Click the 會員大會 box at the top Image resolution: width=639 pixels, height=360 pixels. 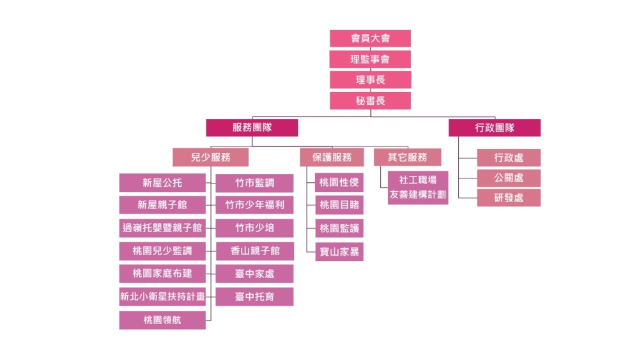tap(370, 38)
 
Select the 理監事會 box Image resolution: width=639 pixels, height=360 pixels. tap(370, 59)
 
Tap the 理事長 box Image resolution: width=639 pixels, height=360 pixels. tap(370, 80)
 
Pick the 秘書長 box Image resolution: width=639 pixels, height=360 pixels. tap(370, 100)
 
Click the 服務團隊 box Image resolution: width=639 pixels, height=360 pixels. tap(252, 127)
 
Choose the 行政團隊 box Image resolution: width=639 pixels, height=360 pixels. tap(494, 127)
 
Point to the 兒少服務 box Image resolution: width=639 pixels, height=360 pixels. tap(210, 157)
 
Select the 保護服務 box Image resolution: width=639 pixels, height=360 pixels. tap(332, 157)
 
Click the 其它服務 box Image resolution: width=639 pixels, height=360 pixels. tap(406, 157)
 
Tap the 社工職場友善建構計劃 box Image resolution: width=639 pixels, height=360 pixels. tap(417, 187)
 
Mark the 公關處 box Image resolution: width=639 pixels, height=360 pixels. tap(509, 178)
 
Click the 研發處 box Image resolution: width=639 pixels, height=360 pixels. tap(509, 198)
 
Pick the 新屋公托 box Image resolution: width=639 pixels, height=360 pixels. tap(162, 183)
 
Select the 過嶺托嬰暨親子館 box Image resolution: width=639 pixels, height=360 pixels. tap(162, 228)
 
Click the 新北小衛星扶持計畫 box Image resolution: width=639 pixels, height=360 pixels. tap(162, 296)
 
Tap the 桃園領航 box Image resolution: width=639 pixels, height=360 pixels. tap(162, 320)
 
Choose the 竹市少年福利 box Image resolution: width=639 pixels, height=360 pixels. tap(254, 205)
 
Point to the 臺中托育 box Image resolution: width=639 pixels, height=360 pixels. tap(254, 297)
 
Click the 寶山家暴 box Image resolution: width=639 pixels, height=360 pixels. tap(339, 252)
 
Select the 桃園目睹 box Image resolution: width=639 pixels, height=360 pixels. tap(339, 205)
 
